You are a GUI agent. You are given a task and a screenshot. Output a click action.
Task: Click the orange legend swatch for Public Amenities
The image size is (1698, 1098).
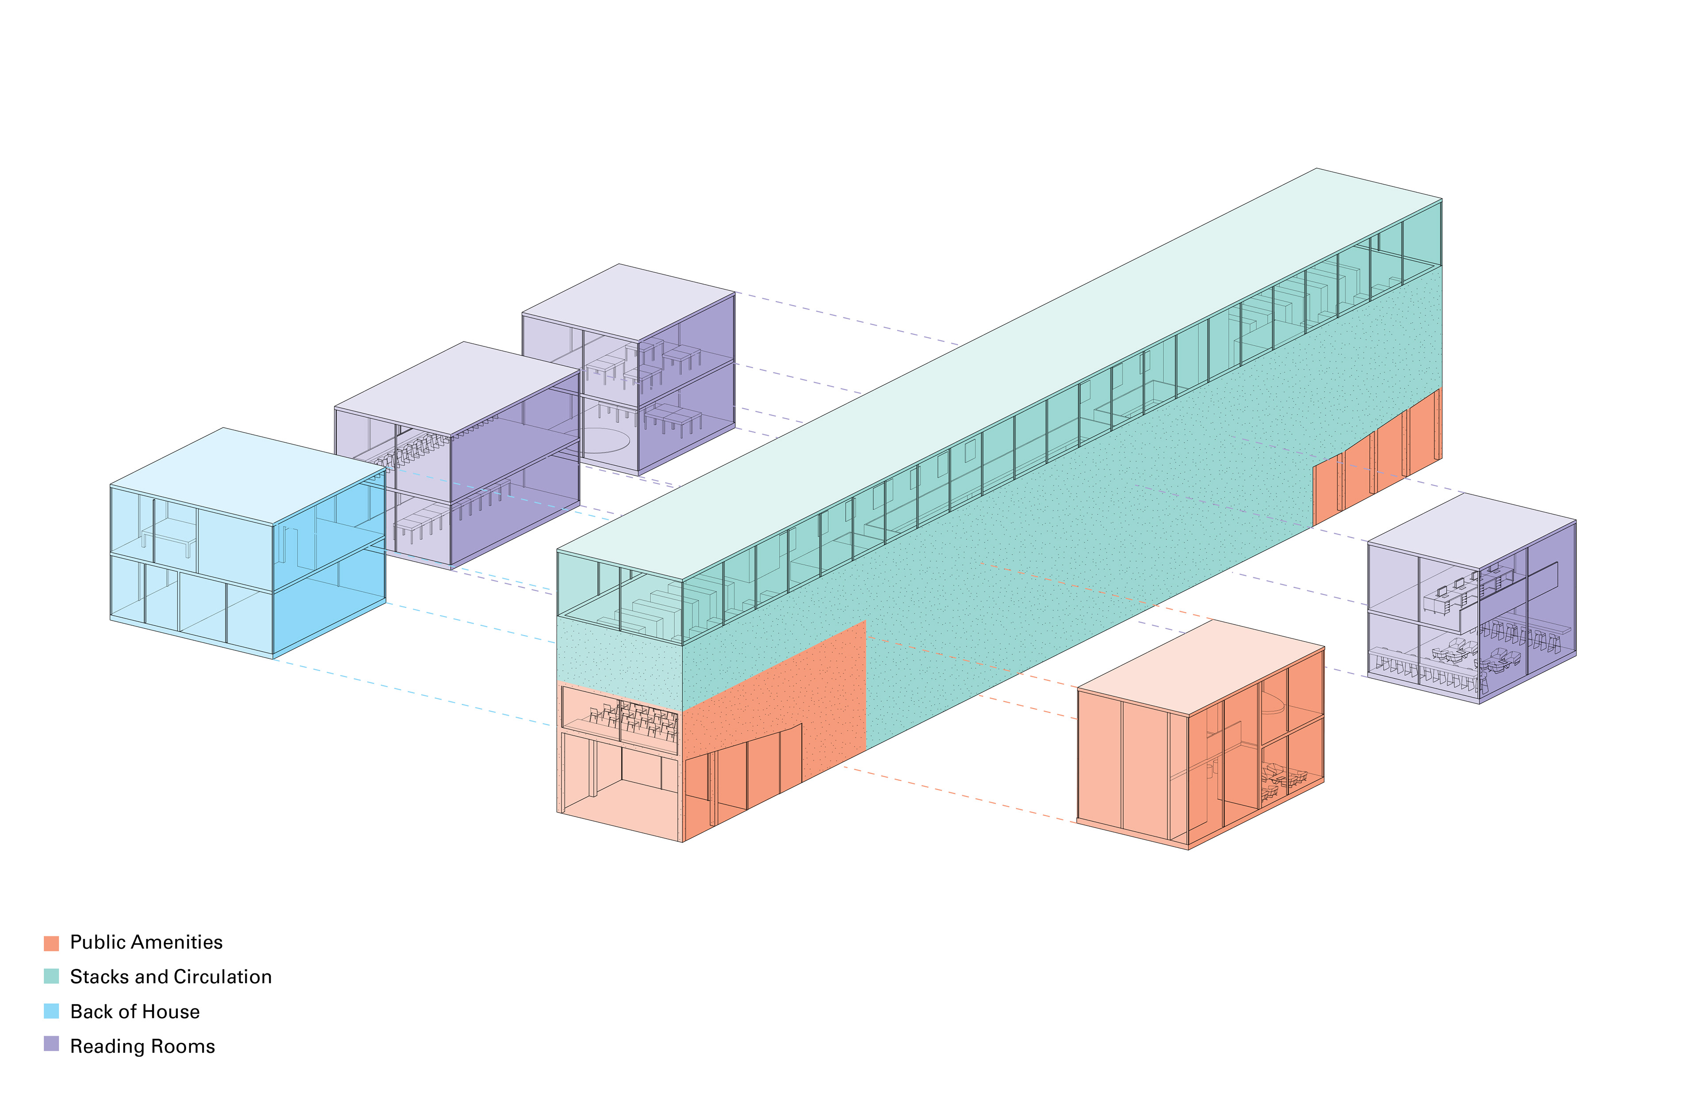coord(51,943)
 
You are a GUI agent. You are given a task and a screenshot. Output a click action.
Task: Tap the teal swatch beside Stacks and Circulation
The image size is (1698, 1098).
coord(51,977)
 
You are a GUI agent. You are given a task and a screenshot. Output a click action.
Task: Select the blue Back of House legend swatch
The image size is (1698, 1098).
coord(51,1011)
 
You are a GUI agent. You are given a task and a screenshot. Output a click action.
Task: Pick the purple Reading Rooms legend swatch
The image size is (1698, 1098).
coord(51,1045)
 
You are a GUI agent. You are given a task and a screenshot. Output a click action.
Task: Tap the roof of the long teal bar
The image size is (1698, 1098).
coord(999,371)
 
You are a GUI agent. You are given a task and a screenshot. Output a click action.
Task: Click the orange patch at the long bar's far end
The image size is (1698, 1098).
coord(1377,456)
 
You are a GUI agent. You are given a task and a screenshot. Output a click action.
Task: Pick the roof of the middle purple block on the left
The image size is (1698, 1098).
coord(457,388)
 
